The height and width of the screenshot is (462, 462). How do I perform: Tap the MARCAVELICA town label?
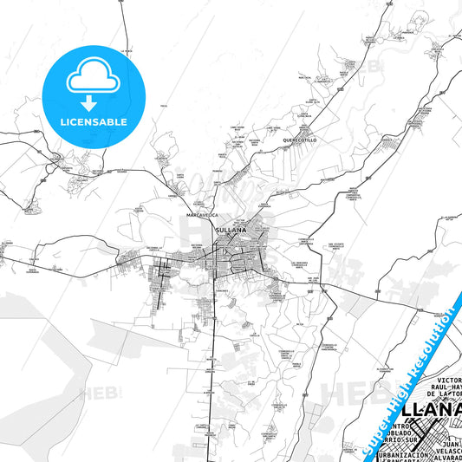tap(201, 213)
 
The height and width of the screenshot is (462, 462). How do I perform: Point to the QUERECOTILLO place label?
tap(299, 140)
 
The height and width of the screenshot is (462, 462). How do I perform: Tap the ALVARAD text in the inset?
tap(444, 454)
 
